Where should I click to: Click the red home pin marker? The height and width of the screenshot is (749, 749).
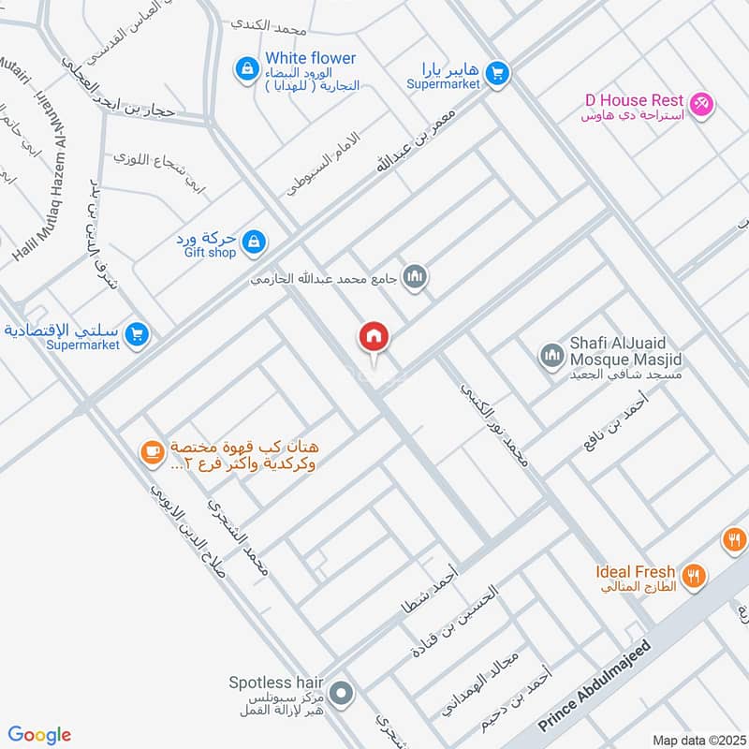[x=374, y=338]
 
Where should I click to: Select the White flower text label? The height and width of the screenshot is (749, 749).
[x=310, y=58]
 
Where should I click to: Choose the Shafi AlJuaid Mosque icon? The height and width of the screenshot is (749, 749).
[x=551, y=356]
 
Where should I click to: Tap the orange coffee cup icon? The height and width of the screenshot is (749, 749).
[x=150, y=452]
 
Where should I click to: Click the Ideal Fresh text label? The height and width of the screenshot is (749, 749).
[x=635, y=571]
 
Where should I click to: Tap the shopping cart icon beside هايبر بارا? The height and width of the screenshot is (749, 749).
[x=497, y=72]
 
